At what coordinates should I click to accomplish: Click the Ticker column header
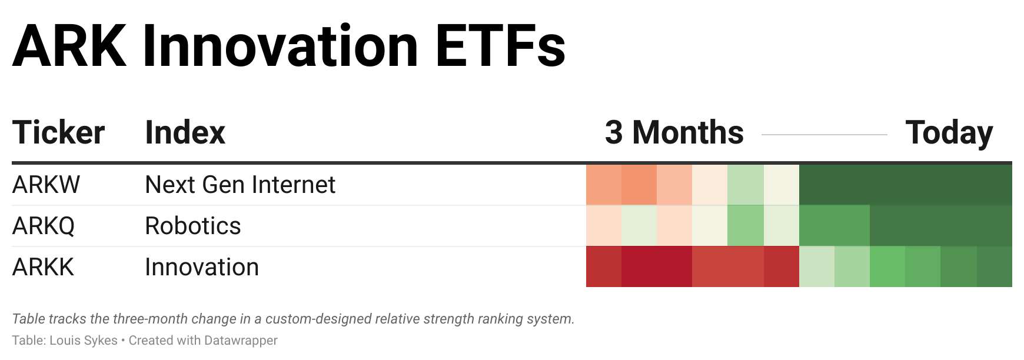click(58, 132)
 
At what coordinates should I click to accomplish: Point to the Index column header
click(185, 132)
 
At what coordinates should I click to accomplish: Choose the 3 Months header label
click(674, 132)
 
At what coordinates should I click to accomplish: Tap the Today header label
click(949, 133)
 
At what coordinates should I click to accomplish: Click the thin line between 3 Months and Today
click(824, 135)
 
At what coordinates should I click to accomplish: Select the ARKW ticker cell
click(46, 185)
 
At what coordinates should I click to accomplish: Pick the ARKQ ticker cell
click(44, 226)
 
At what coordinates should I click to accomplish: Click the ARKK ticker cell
click(43, 267)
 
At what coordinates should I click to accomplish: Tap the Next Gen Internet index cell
click(240, 185)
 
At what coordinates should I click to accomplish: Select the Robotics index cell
click(193, 226)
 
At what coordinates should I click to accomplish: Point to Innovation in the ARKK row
click(202, 267)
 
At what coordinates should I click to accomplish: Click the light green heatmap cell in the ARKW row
click(746, 185)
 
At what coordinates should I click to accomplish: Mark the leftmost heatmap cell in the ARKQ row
click(604, 226)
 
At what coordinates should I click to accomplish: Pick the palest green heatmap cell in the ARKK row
click(817, 266)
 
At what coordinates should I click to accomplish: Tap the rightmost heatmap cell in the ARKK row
click(995, 266)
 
